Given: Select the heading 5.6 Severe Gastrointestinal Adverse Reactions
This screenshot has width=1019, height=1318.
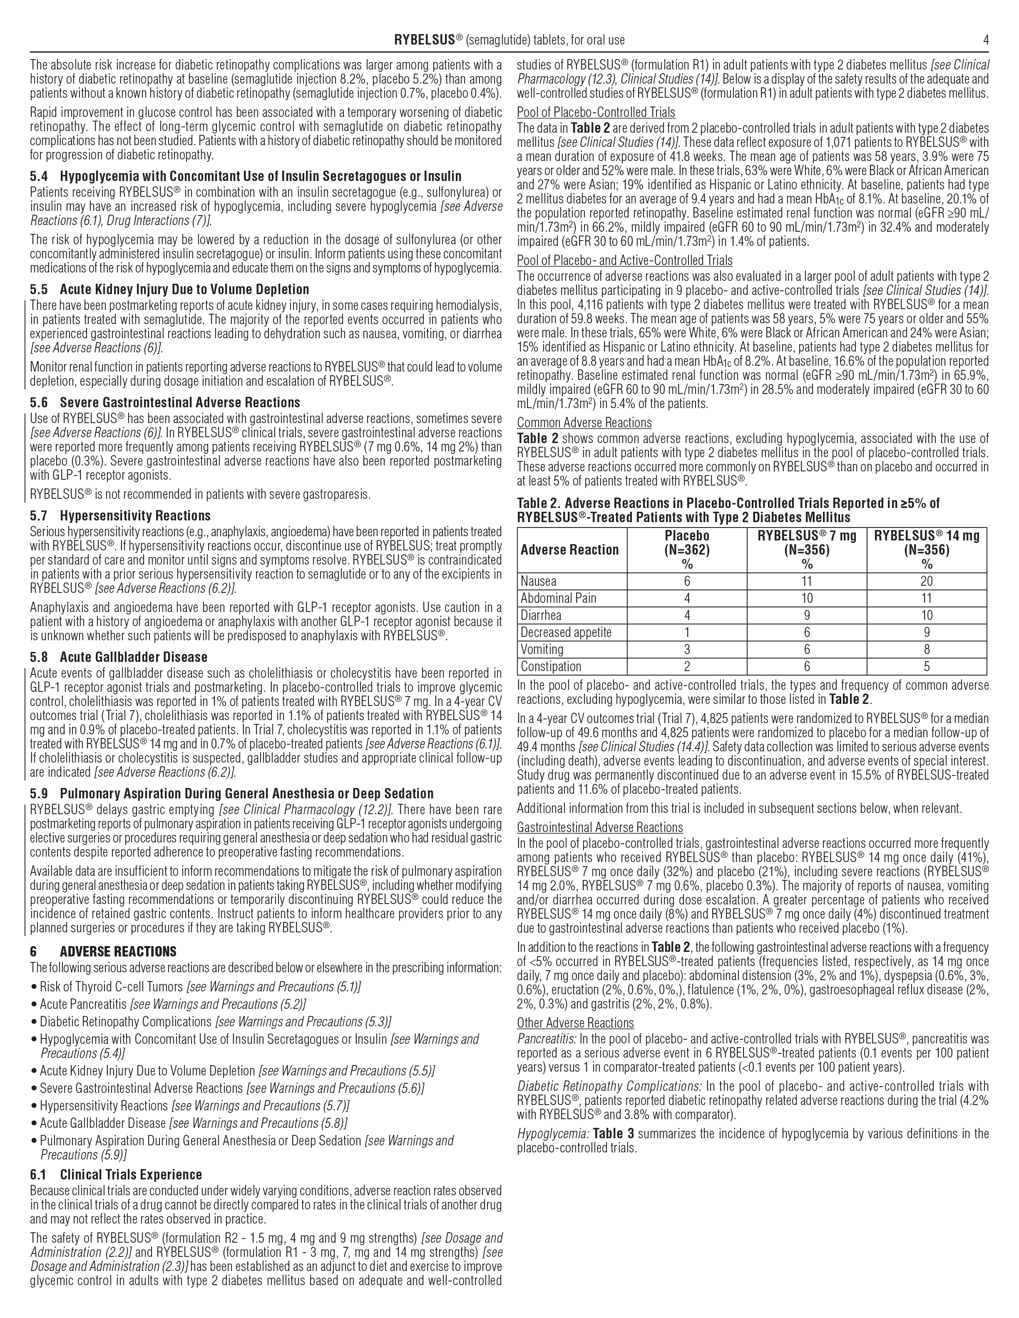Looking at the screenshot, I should click(165, 403).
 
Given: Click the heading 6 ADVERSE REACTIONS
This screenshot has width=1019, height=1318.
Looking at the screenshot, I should click(103, 952).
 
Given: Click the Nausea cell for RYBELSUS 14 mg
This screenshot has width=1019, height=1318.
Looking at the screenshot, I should click(927, 581).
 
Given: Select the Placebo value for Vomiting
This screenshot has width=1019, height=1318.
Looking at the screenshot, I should click(687, 649).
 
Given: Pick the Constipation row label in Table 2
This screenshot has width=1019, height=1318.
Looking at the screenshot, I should click(551, 666).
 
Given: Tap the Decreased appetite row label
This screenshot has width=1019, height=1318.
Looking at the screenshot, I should click(566, 632).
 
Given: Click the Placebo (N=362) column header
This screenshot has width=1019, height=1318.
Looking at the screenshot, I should click(687, 550).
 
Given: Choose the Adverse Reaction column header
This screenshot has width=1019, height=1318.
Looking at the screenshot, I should click(569, 550).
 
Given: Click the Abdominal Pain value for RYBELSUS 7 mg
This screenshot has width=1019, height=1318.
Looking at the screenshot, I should click(807, 598).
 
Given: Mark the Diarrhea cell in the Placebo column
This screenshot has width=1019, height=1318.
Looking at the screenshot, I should click(687, 616).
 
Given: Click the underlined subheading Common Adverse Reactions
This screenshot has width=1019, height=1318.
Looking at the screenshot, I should click(584, 422).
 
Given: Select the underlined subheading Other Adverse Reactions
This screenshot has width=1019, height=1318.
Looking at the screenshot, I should click(575, 1023).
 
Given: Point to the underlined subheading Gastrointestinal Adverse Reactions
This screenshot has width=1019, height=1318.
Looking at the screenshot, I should click(599, 827).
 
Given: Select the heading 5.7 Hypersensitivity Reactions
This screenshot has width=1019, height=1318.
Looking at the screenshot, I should click(120, 515).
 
